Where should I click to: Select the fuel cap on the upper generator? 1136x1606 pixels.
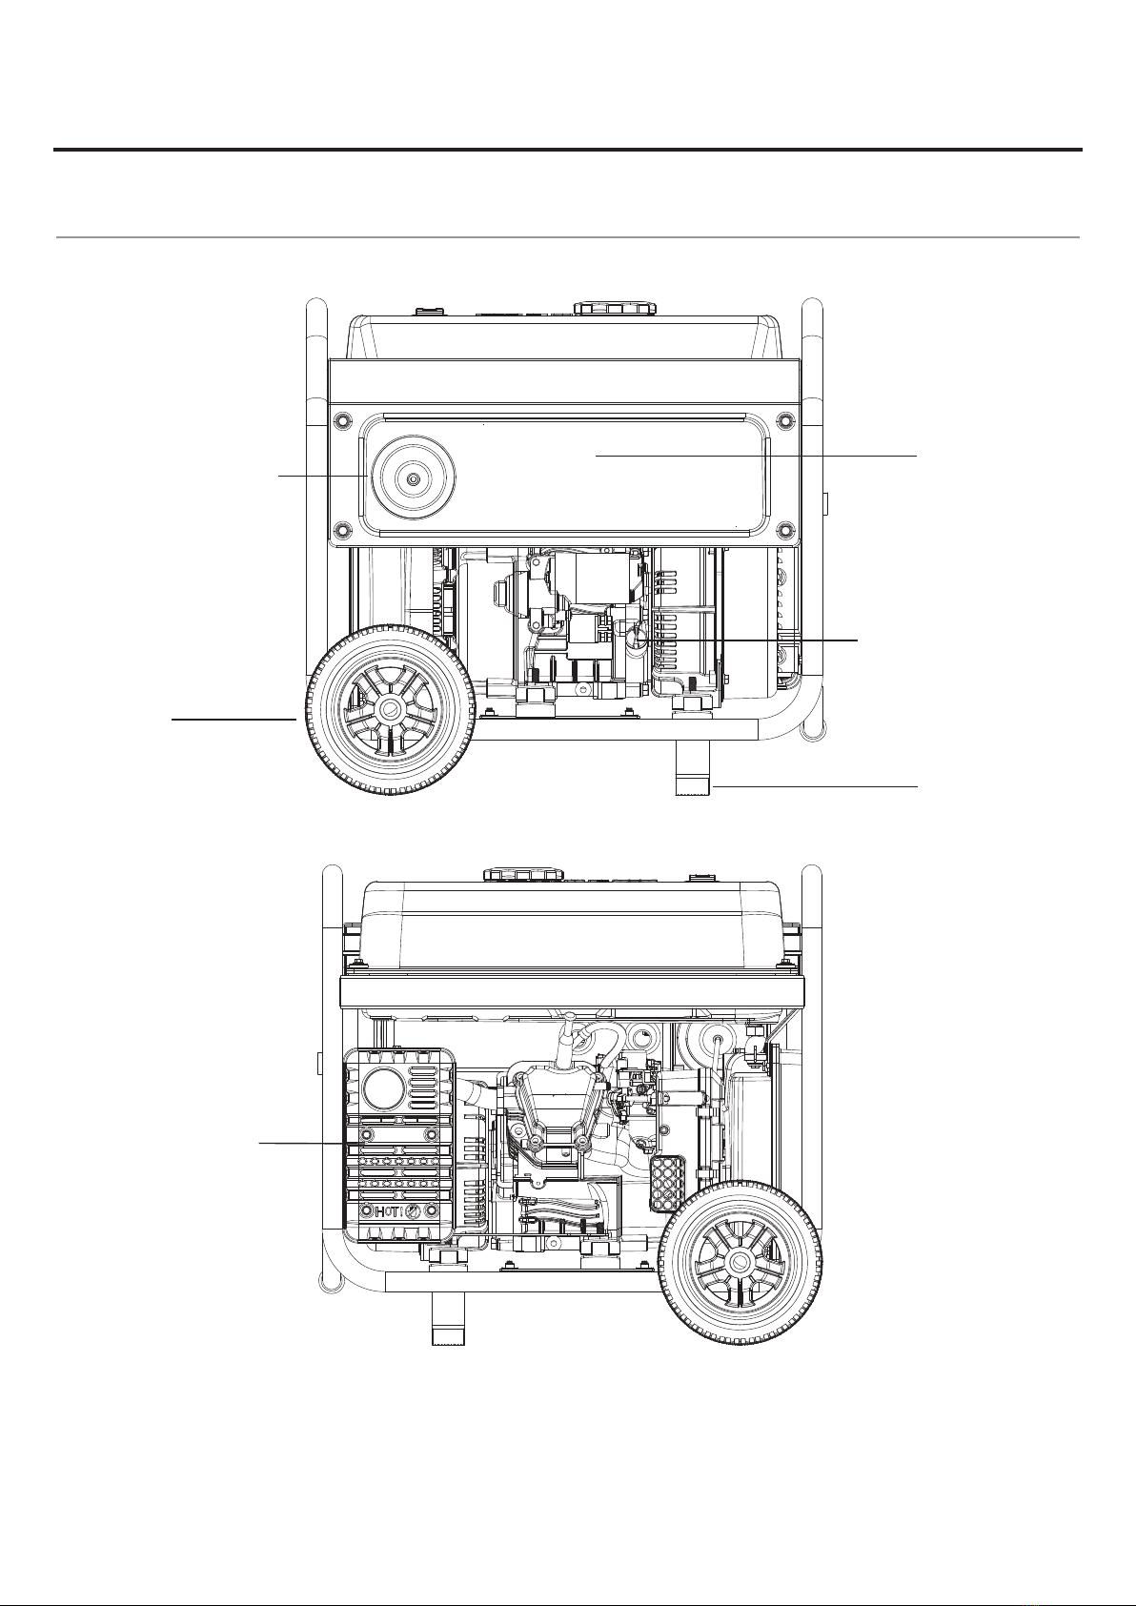click(x=615, y=308)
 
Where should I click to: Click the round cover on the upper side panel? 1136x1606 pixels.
click(x=417, y=478)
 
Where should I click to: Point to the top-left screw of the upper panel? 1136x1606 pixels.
click(x=342, y=418)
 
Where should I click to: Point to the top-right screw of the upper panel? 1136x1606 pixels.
click(x=786, y=418)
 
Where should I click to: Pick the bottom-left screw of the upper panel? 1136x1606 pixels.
click(x=342, y=530)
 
